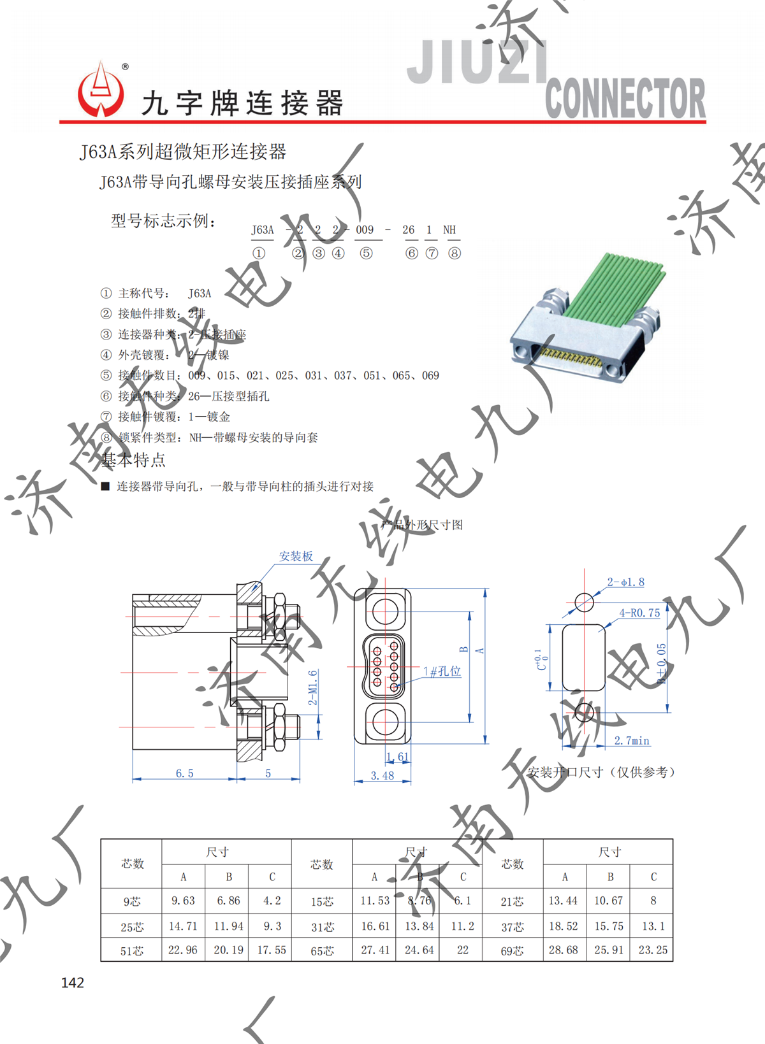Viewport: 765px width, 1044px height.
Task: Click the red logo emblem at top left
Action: (x=101, y=90)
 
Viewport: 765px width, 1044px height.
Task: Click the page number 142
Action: (x=73, y=983)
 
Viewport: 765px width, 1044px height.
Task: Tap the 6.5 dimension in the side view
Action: (x=184, y=773)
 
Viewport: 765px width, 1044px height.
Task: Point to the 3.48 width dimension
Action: (x=382, y=776)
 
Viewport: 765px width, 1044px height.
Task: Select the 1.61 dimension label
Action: (x=397, y=757)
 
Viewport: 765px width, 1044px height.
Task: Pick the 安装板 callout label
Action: (x=296, y=557)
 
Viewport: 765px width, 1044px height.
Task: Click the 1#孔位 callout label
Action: (x=442, y=671)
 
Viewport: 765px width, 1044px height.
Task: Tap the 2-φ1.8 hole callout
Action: (x=625, y=582)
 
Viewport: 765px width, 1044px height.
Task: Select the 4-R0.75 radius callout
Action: (x=639, y=613)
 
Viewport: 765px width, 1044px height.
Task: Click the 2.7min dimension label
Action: (x=632, y=741)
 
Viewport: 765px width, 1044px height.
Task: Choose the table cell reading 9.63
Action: (x=183, y=901)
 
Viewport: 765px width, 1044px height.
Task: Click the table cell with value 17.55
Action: (x=272, y=950)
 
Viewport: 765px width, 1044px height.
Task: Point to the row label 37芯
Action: (x=513, y=927)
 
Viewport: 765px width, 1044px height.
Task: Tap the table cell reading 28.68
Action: (x=564, y=950)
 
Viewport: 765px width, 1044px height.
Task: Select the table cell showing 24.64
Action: (x=419, y=950)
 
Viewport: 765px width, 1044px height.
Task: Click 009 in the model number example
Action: (x=365, y=230)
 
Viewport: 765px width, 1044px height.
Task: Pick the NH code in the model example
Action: (x=449, y=230)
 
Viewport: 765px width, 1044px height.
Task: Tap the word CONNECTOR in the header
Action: (x=625, y=99)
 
